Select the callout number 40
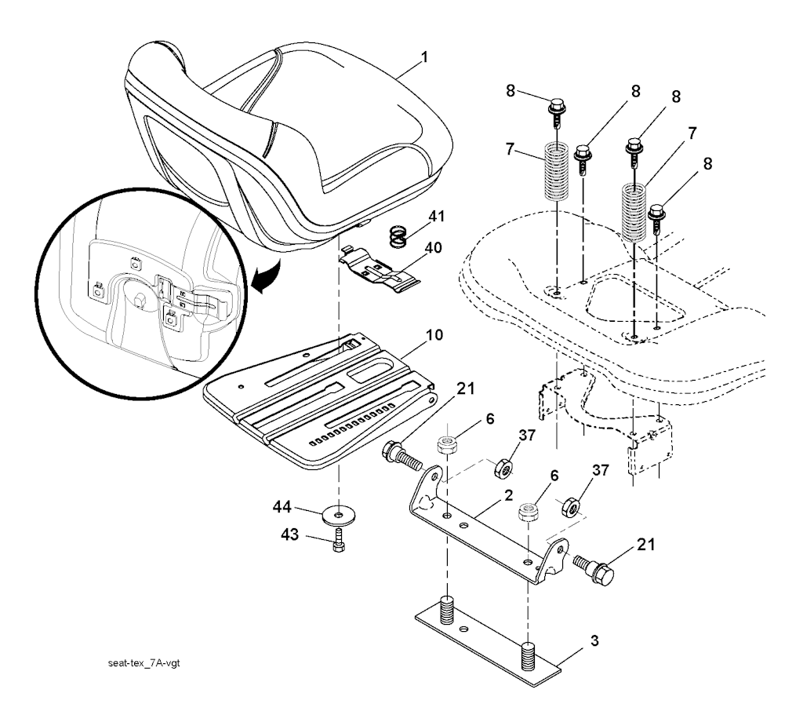point(433,247)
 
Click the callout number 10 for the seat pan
point(433,335)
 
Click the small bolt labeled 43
point(339,542)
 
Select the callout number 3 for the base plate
point(594,642)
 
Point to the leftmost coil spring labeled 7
point(556,173)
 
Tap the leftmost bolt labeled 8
point(555,109)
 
